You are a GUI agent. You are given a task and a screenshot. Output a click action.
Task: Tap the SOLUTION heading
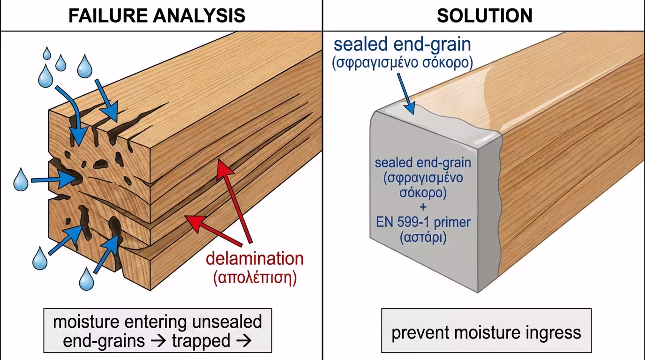pyautogui.click(x=484, y=16)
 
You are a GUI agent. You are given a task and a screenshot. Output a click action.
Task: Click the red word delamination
pyautogui.click(x=255, y=258)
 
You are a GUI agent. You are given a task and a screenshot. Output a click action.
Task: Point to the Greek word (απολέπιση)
pyautogui.click(x=255, y=277)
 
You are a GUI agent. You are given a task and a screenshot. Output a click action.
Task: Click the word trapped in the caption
pyautogui.click(x=201, y=341)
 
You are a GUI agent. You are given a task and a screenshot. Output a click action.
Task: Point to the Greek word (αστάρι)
pyautogui.click(x=423, y=237)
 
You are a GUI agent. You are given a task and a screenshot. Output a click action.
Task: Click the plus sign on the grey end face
pyautogui.click(x=423, y=207)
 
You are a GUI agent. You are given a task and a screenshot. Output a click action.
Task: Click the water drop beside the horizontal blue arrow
pyautogui.click(x=20, y=180)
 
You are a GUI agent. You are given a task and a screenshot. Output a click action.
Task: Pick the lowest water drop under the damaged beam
pyautogui.click(x=86, y=279)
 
